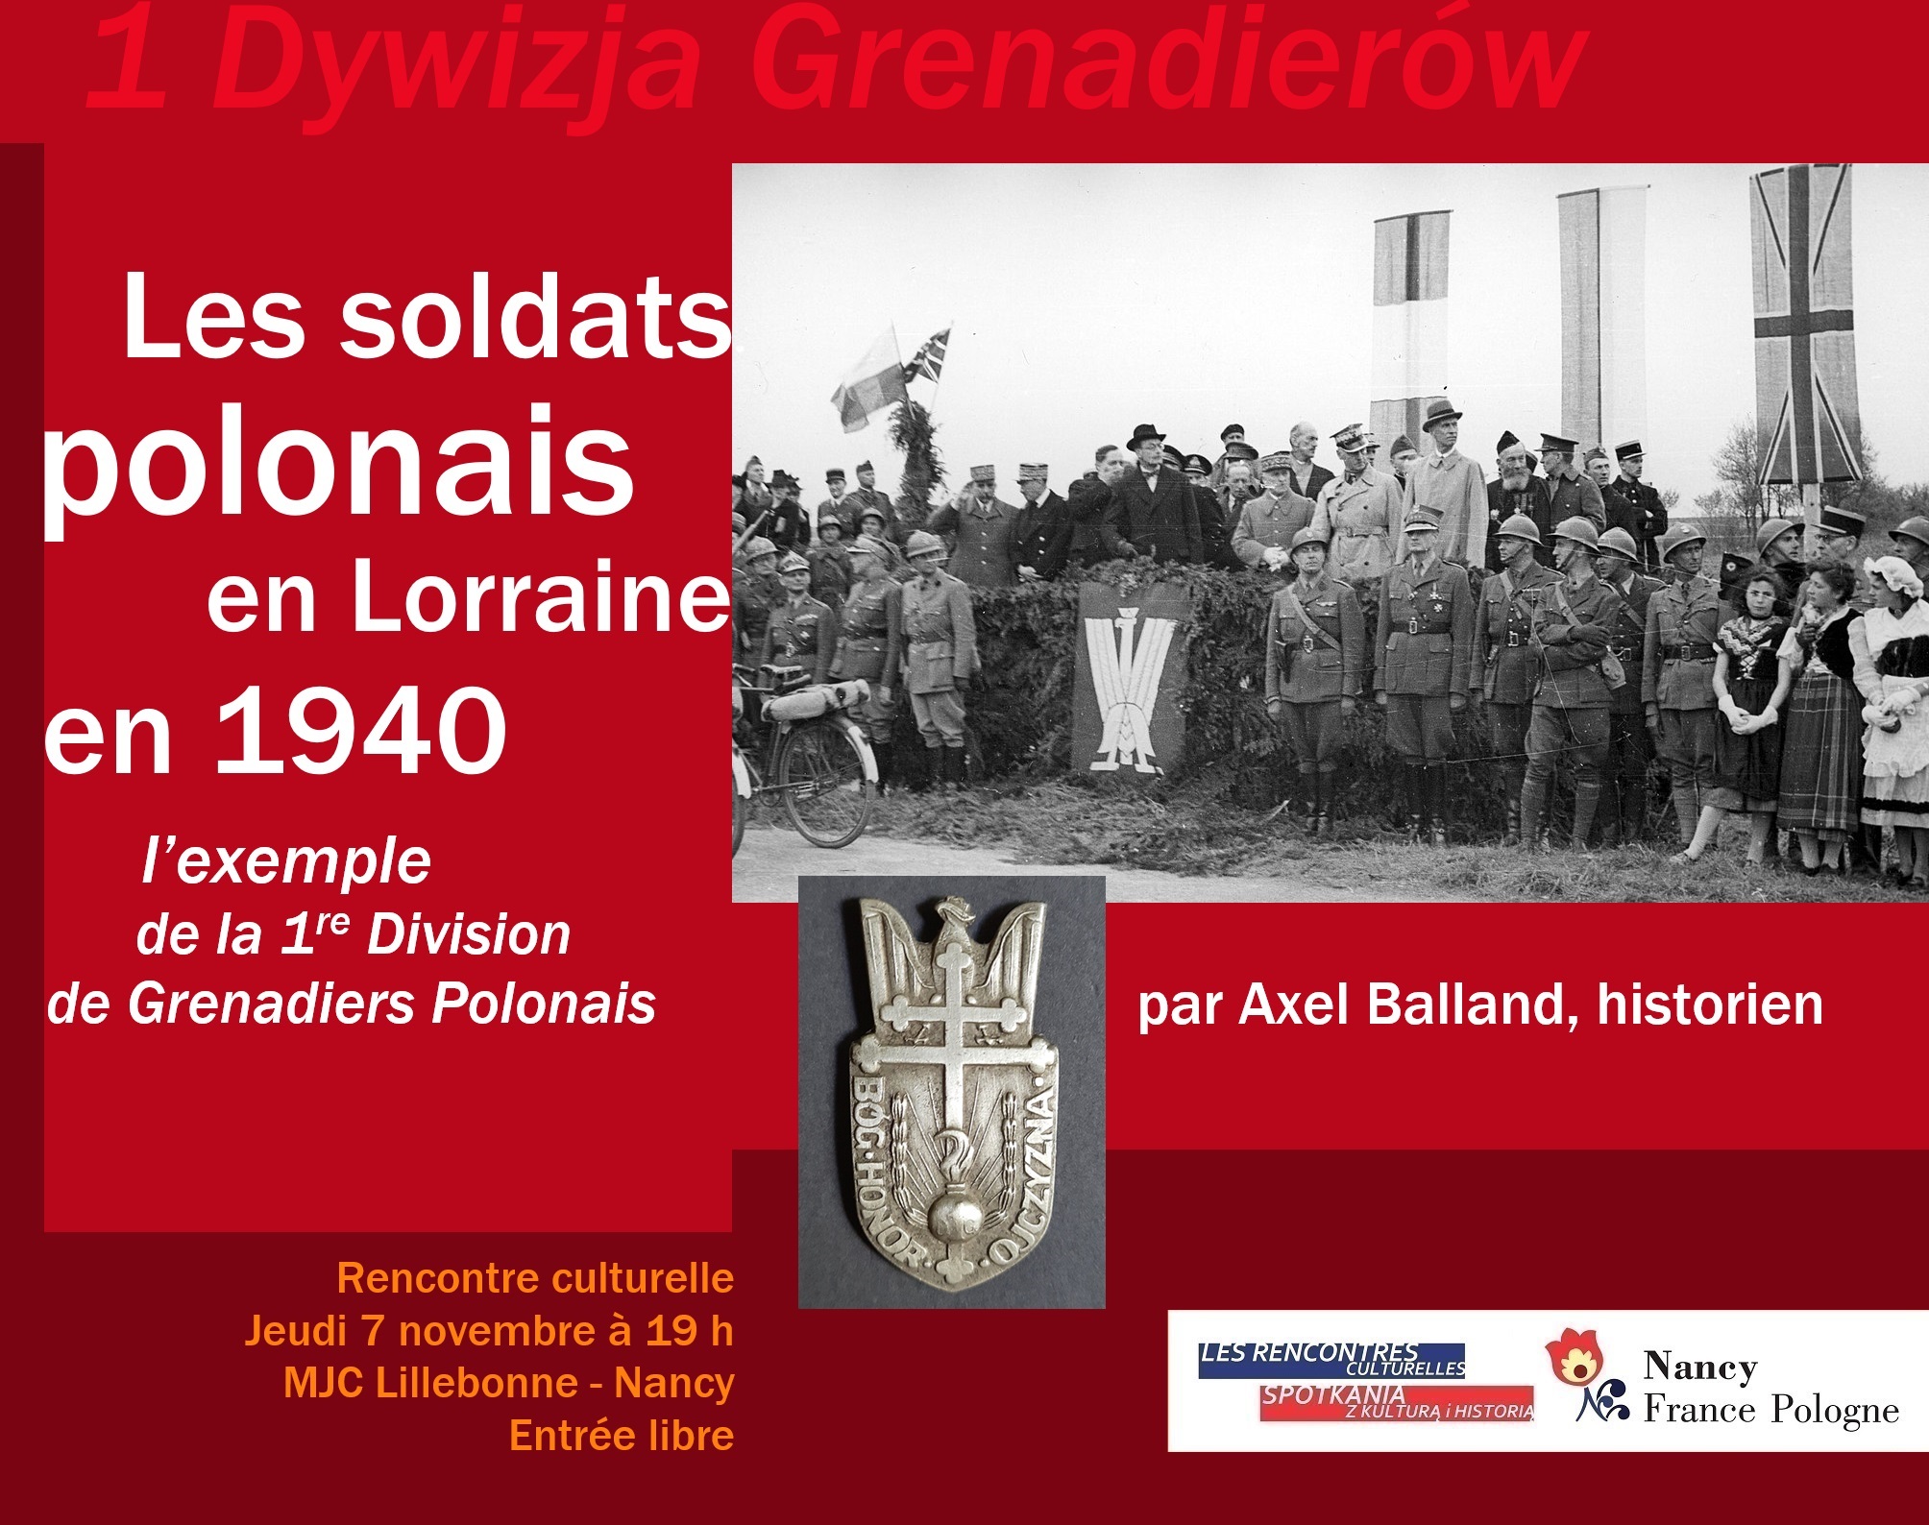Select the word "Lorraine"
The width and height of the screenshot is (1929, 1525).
pos(541,595)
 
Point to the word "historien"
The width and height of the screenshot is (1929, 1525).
pos(1710,1005)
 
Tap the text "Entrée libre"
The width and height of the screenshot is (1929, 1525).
pos(622,1436)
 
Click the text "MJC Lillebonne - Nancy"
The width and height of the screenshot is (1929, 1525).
pos(509,1383)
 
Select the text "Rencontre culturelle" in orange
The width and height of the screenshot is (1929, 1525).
pos(535,1278)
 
